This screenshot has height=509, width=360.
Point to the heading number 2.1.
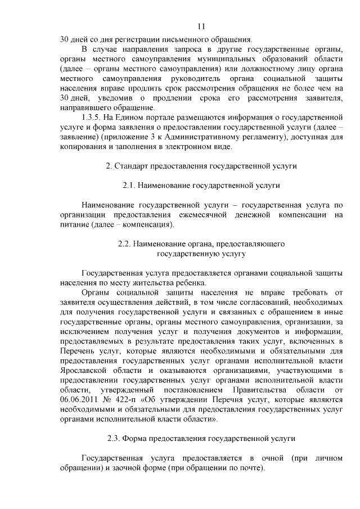[129, 185]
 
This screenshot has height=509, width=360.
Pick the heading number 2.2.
[125, 245]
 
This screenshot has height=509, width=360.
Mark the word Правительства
[277, 390]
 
